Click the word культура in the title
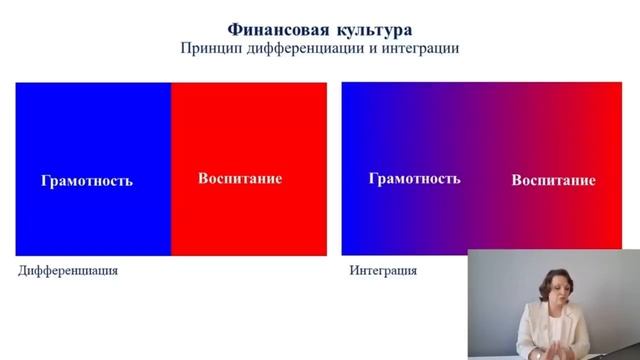(370, 29)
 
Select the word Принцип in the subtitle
(208, 49)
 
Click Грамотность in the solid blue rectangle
(87, 181)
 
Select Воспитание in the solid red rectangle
(240, 179)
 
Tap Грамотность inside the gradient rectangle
(414, 179)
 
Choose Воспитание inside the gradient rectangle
(553, 181)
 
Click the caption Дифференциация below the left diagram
(68, 271)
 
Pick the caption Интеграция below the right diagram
(383, 271)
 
